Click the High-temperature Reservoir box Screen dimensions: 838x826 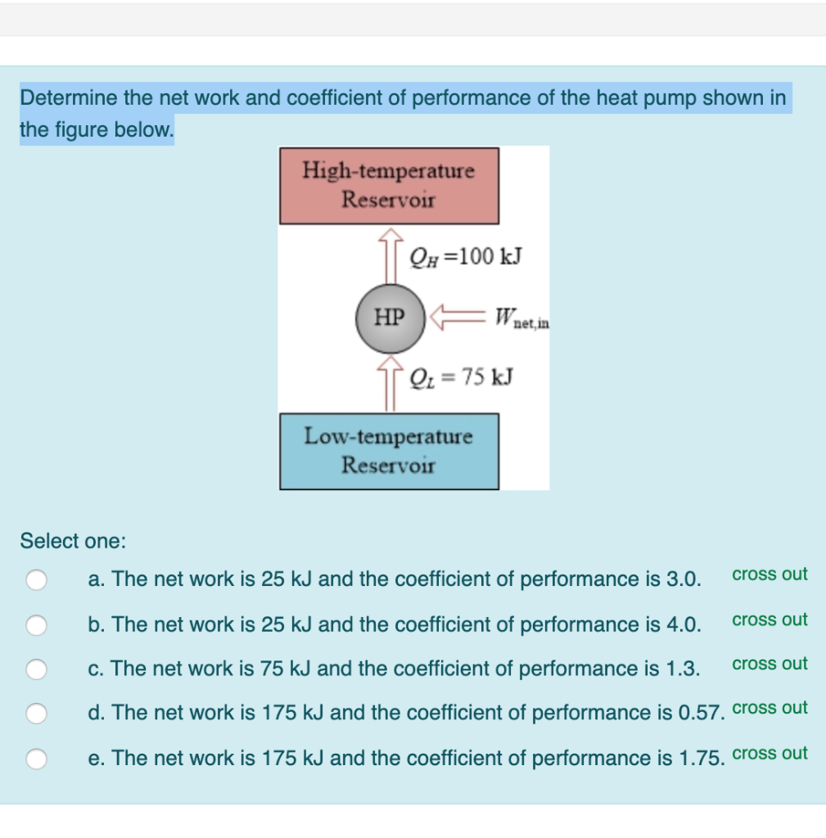click(x=389, y=186)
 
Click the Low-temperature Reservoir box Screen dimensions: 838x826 click(x=389, y=451)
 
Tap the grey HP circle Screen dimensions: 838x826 click(x=390, y=318)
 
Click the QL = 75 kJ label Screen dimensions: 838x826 click(x=462, y=376)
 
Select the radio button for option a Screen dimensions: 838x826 click(x=37, y=580)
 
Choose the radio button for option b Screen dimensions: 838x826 click(x=37, y=625)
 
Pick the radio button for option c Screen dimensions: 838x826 click(x=37, y=669)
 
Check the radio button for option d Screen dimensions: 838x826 click(x=37, y=714)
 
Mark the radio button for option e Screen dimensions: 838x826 click(x=37, y=759)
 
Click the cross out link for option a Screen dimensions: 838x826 click(x=770, y=574)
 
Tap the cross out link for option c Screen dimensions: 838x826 click(x=770, y=664)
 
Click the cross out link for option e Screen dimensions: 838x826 click(x=770, y=754)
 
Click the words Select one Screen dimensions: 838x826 click(x=73, y=541)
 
